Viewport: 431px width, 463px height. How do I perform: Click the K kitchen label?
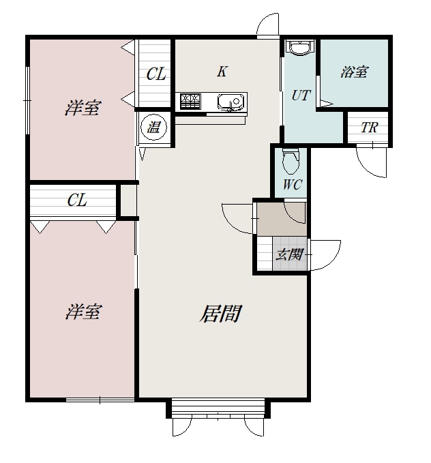pos(222,71)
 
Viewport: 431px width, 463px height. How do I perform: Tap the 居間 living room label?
pos(221,313)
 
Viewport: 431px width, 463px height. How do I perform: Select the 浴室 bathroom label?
pos(354,72)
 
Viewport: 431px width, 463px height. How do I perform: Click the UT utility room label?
pos(301,95)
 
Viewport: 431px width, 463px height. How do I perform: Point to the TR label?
pos(369,128)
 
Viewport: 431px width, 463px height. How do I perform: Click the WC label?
pos(292,185)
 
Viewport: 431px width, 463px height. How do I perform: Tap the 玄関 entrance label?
pos(290,254)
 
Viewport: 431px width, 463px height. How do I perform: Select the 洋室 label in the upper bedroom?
pos(83,108)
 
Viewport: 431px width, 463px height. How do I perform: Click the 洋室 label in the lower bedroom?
pos(84,312)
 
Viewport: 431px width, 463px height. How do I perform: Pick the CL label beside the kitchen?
pos(156,74)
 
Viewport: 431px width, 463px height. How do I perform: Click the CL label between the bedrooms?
pos(77,200)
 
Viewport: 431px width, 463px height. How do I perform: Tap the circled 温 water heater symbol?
pos(153,128)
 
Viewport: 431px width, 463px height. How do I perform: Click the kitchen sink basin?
pos(231,102)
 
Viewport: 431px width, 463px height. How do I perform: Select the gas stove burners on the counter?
pos(190,102)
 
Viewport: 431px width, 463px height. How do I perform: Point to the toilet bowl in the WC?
pos(291,162)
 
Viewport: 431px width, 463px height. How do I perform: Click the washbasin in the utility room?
pos(300,48)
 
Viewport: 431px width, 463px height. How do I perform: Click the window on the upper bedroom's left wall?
pos(27,101)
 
